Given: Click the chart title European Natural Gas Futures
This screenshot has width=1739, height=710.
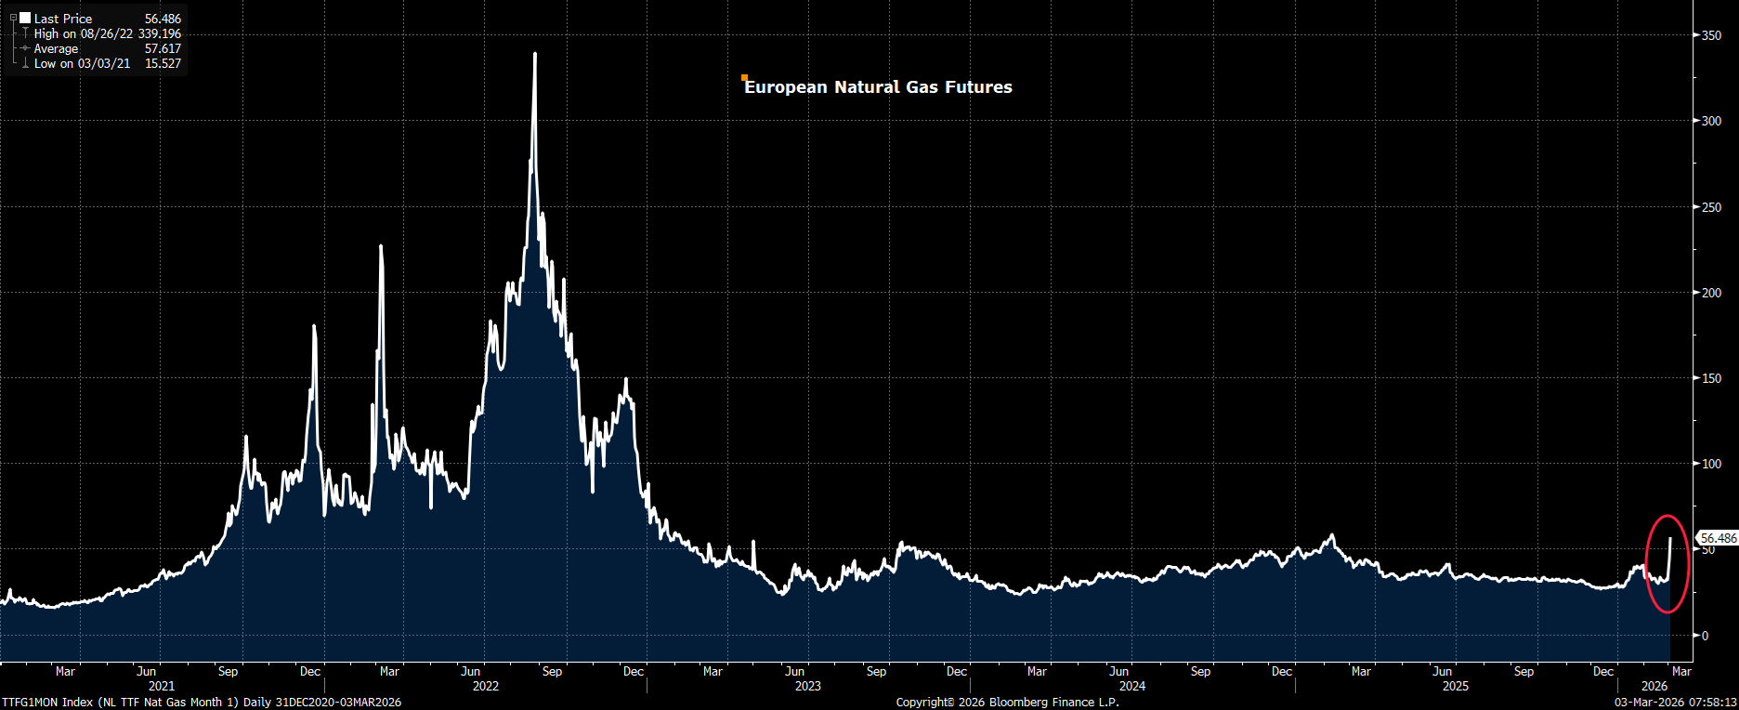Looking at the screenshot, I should (878, 87).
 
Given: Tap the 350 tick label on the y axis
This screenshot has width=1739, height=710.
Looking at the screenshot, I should (1711, 35).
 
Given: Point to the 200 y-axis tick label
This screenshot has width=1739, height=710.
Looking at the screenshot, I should (1711, 293).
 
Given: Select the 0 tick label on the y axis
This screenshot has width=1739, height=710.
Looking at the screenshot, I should (1705, 636).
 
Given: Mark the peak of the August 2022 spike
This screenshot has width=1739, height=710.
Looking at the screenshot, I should (534, 54).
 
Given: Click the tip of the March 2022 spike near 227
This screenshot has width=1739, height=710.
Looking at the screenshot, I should (381, 246).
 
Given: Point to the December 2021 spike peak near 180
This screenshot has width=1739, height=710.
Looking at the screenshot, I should (314, 326).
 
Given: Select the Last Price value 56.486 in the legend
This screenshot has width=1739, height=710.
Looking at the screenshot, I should (163, 19).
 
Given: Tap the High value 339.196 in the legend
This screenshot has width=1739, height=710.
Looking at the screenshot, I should (159, 33).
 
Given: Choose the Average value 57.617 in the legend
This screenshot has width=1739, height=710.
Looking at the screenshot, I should (163, 48).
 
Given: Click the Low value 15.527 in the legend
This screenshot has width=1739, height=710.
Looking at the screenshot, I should (163, 63).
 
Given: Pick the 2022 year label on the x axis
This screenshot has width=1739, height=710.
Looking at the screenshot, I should (486, 686).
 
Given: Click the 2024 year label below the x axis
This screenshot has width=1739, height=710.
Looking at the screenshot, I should (1132, 686).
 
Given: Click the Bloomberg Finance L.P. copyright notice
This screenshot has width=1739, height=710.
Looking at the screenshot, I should (1008, 702).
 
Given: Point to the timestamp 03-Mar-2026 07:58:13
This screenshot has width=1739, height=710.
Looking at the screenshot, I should (1676, 702).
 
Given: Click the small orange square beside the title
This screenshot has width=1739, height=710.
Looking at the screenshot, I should (744, 78).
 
